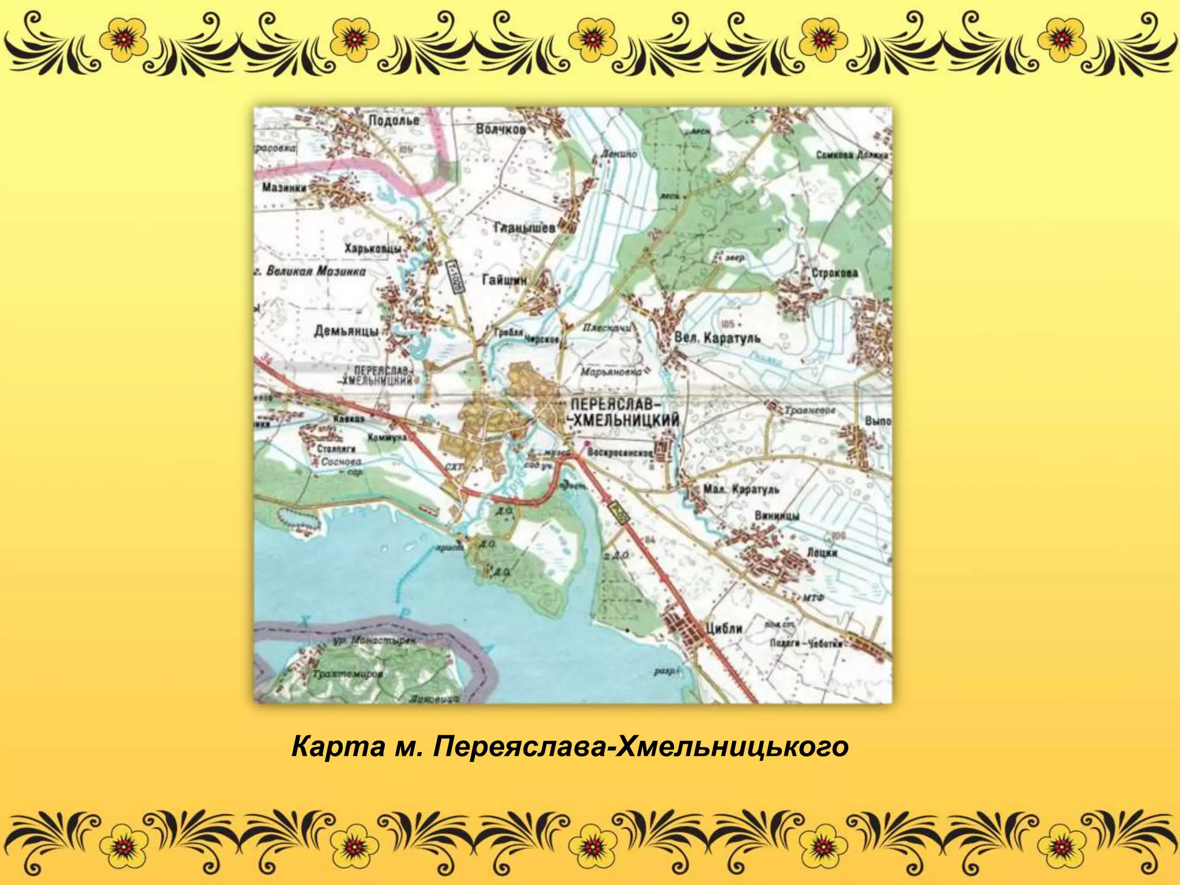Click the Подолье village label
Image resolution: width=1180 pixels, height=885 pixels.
tap(394, 120)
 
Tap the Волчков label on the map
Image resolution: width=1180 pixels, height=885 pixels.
tap(501, 129)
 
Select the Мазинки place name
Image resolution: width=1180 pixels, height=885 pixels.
tap(284, 187)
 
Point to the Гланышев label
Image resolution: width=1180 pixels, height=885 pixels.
tap(524, 228)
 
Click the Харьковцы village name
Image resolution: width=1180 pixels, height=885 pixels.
tap(373, 249)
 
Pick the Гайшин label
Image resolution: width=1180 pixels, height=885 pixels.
tap(504, 280)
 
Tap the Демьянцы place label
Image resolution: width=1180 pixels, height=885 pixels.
tap(346, 331)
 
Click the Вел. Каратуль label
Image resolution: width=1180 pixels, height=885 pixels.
tap(717, 338)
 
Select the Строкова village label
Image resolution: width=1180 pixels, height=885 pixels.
tap(834, 273)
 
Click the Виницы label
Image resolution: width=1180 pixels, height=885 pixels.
tap(777, 516)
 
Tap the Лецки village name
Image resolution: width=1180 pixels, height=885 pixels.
tap(822, 552)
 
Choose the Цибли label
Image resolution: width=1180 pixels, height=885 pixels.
tap(724, 628)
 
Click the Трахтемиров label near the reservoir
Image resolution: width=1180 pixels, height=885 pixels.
tap(347, 674)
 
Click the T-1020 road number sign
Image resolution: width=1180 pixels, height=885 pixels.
tap(455, 277)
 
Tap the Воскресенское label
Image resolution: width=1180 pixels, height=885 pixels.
tap(620, 453)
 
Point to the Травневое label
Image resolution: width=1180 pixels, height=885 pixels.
tap(810, 410)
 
